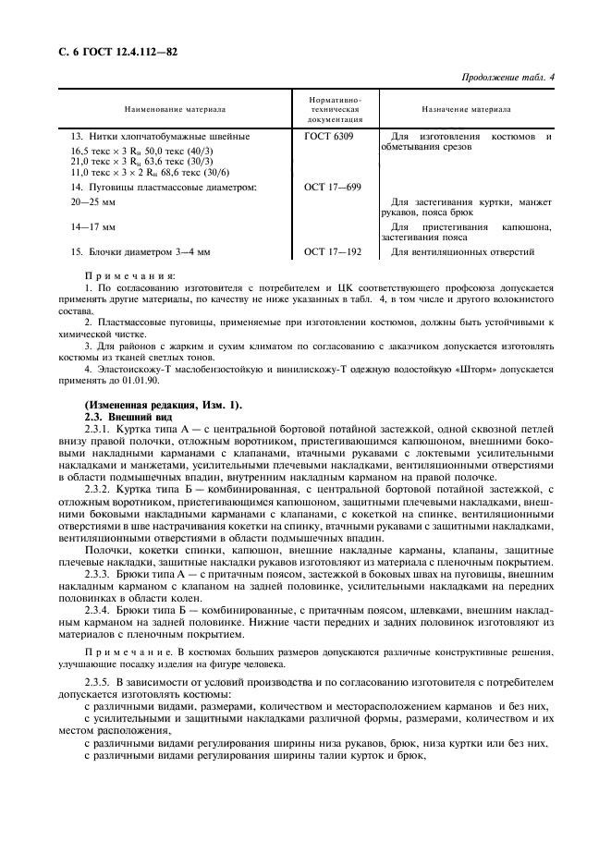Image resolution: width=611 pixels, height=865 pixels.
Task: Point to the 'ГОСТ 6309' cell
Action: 327,137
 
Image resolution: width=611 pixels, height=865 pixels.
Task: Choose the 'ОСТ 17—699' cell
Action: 332,187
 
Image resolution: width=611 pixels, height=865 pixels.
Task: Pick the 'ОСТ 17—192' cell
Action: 332,251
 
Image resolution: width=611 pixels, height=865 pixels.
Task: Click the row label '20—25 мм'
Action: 93,201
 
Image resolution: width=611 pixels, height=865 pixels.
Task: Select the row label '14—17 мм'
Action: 93,226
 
